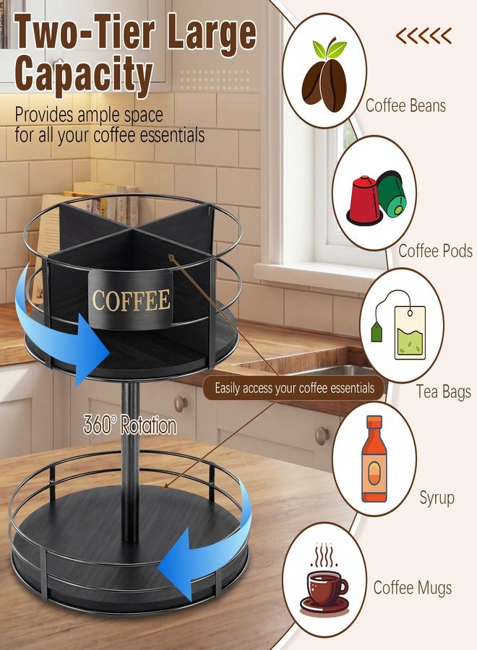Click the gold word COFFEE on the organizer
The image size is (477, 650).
coord(131,300)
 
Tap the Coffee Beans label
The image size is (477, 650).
coord(405,105)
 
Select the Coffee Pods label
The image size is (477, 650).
coord(436,251)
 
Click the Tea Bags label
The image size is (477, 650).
coord(444,391)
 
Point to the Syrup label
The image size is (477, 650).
coord(437,498)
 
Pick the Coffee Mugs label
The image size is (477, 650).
coord(412,588)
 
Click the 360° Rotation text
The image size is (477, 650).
coord(130,425)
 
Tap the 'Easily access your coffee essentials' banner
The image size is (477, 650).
coord(293,388)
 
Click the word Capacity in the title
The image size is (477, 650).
coord(83,74)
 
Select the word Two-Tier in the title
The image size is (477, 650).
coord(85,32)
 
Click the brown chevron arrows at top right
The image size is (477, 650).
coord(424,36)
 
